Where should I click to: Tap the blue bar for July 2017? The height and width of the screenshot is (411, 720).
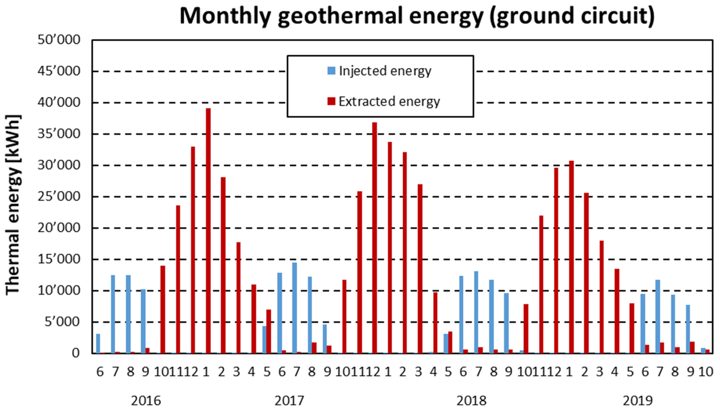(295, 308)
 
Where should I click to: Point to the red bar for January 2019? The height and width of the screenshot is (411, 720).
(571, 257)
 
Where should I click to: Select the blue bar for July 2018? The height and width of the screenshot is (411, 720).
(476, 312)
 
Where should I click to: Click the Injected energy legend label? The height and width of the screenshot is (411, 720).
(385, 71)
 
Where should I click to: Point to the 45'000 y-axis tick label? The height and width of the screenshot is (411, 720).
(59, 71)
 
